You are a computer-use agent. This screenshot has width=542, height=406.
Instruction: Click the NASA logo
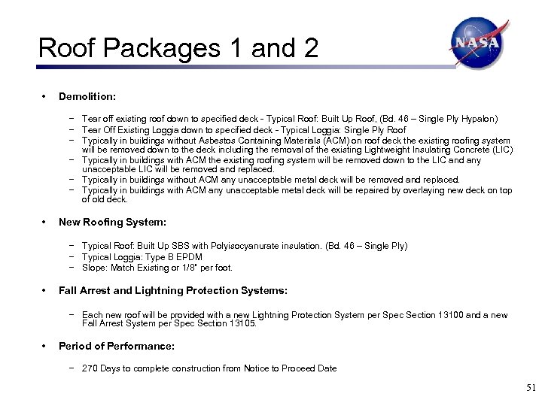[477, 43]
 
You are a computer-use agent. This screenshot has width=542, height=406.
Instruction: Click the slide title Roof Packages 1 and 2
[178, 48]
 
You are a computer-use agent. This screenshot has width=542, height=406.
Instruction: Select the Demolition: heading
[87, 96]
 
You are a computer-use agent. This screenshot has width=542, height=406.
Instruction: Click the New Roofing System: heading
[112, 223]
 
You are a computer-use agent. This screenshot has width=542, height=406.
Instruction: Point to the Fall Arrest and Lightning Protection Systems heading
[172, 290]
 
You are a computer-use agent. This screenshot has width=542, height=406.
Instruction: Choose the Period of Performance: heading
[116, 346]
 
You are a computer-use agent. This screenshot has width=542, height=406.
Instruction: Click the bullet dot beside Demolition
[44, 96]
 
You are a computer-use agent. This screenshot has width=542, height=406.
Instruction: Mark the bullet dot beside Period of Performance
[44, 346]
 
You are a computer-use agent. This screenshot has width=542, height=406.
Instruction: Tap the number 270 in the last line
[90, 368]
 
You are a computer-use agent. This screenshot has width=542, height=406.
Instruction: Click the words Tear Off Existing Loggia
[126, 129]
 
